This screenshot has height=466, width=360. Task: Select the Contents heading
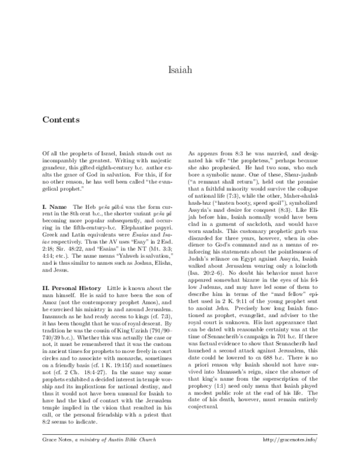click(62, 120)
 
